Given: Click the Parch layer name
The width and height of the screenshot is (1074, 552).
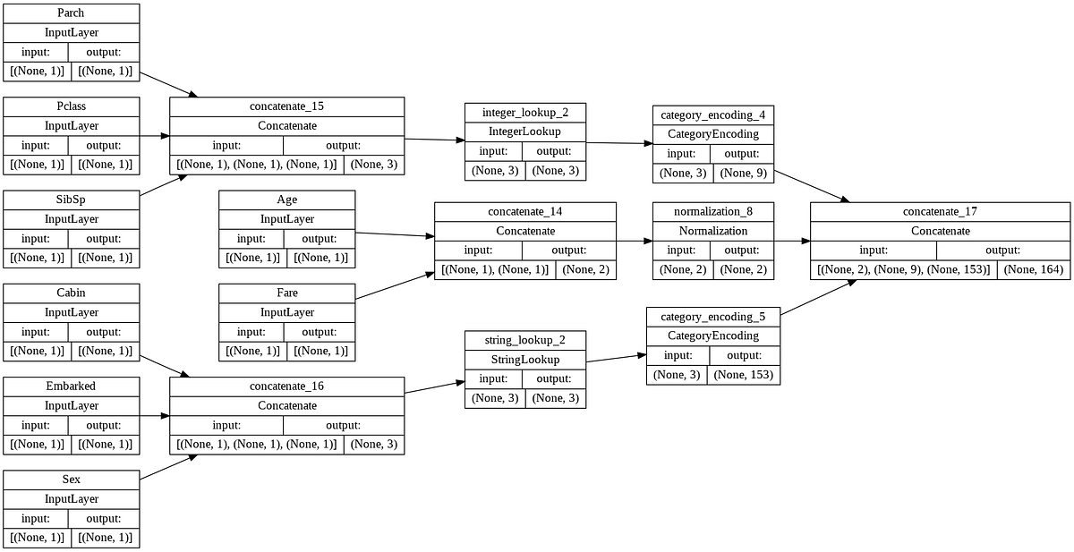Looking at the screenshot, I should coord(72,13).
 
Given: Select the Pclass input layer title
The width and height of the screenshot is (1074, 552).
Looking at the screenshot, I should coord(72,106).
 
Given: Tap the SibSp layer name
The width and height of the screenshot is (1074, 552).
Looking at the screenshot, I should coord(72,199).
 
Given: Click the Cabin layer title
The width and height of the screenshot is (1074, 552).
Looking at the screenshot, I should coord(72,293).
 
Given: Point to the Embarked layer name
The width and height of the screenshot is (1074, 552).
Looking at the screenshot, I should coord(72,386).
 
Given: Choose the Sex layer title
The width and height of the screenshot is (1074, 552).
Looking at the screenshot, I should coord(72,479).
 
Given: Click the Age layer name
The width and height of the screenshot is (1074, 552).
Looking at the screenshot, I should coord(287,199).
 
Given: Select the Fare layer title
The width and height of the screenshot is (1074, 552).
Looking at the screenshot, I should coord(287,293).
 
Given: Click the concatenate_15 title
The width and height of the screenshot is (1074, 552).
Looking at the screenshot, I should coord(287,106).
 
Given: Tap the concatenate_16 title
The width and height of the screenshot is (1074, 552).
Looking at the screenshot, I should coord(287,386).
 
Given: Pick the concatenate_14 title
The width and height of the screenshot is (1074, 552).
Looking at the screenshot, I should coord(525,211).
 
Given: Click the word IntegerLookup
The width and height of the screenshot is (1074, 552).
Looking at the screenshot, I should coord(525,132).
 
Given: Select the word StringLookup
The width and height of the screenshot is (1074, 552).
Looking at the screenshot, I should coord(525,359).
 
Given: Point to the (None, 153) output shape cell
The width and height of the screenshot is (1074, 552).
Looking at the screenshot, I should coord(743,375).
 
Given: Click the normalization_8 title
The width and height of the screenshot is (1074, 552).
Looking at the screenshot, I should coord(712,211).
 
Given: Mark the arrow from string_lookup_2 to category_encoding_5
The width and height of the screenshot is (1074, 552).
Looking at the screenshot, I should coord(616,358).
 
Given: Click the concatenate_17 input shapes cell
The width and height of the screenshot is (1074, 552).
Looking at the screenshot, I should coord(903,269).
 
